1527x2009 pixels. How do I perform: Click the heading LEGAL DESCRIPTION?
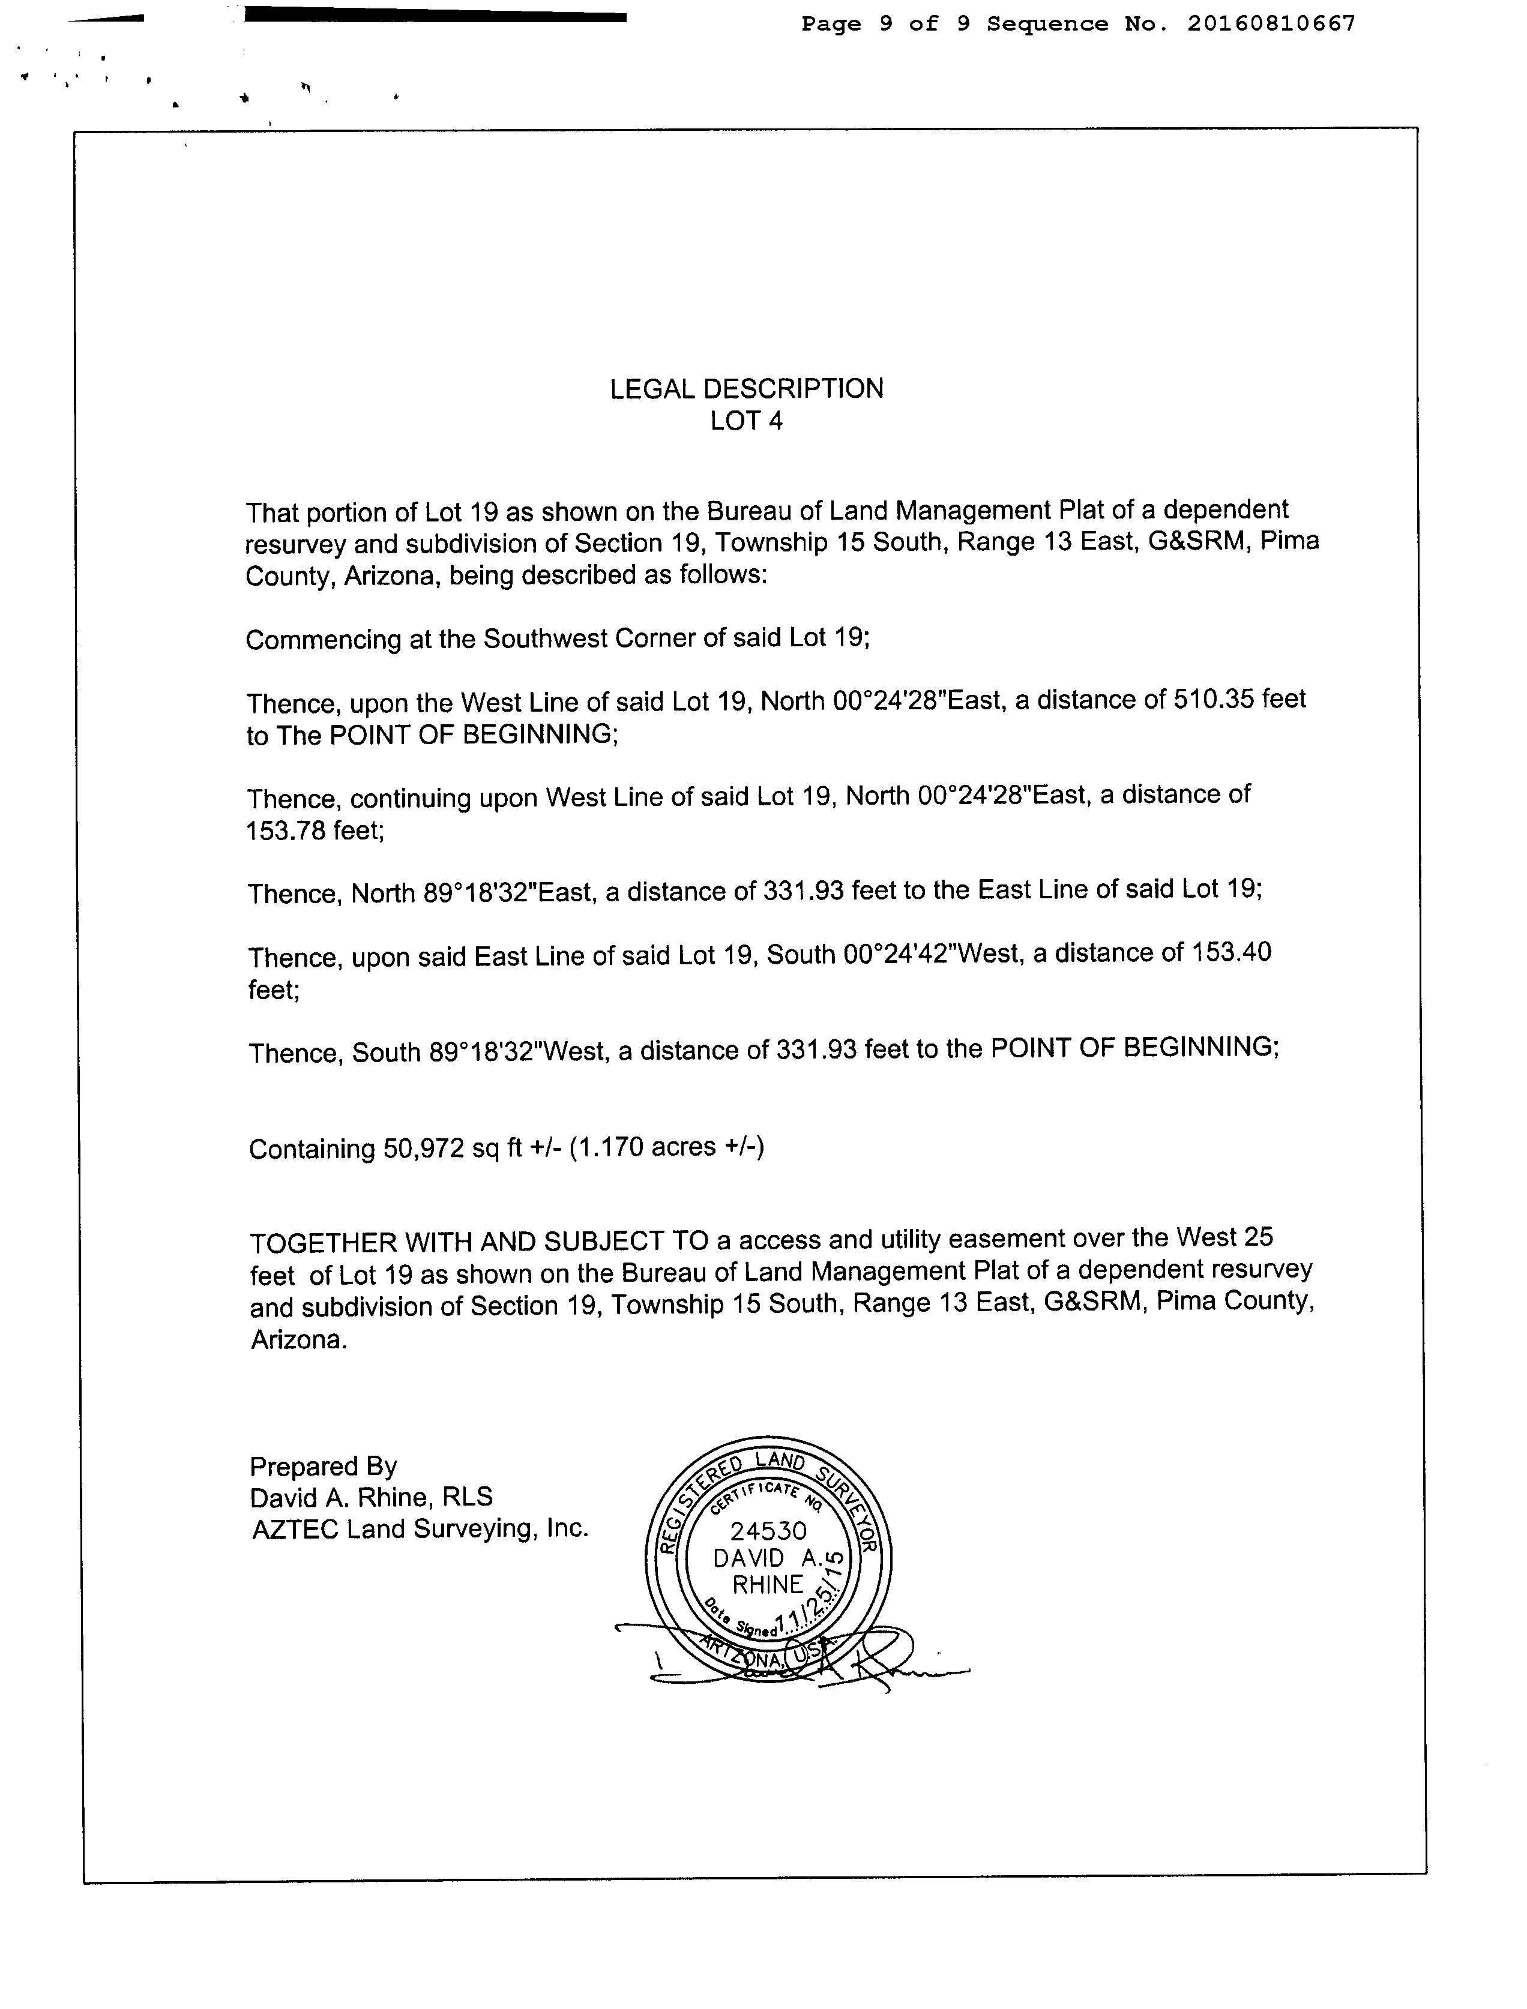pyautogui.click(x=746, y=389)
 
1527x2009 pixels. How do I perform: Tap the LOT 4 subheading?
pyautogui.click(x=746, y=421)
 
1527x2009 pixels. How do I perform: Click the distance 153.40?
pyautogui.click(x=1232, y=952)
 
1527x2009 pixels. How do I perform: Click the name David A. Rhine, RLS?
pyautogui.click(x=371, y=1497)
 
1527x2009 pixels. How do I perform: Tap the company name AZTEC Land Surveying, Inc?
pyautogui.click(x=420, y=1529)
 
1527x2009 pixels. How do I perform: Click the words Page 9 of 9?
pyautogui.click(x=885, y=23)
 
